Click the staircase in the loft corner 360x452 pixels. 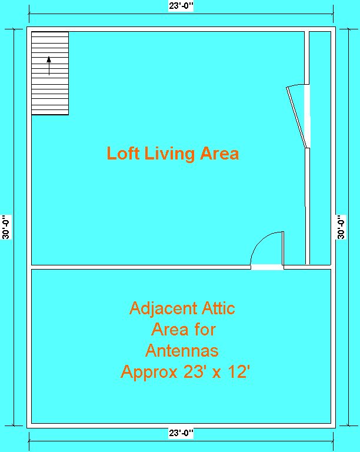tap(50, 73)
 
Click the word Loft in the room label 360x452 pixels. tap(124, 154)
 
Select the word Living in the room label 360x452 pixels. tap(171, 154)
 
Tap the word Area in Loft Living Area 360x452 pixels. tap(219, 154)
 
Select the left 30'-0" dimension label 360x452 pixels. tap(6, 227)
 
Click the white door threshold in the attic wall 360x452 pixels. tap(267, 267)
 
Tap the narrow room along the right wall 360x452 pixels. tap(320, 147)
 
